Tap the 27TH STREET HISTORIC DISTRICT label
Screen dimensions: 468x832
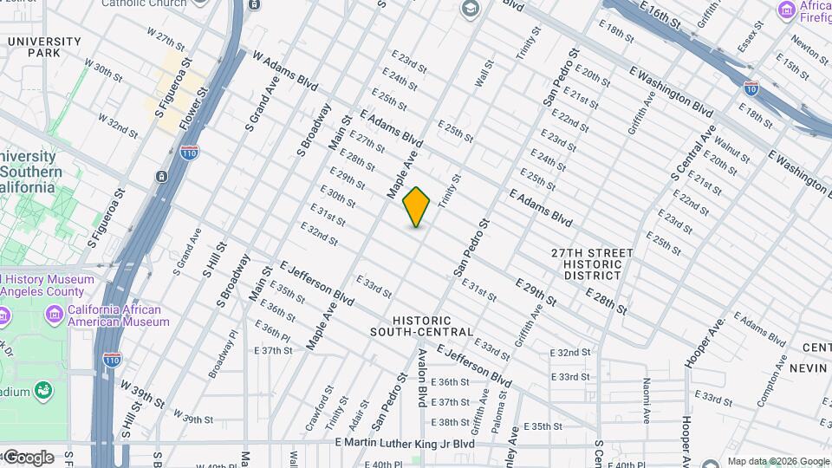click(x=592, y=263)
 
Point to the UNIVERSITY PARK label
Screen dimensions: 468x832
click(x=43, y=47)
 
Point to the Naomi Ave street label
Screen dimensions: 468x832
click(x=647, y=400)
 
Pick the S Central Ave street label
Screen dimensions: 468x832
click(x=692, y=153)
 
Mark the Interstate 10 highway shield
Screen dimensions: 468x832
click(x=751, y=88)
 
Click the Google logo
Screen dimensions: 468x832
click(x=28, y=457)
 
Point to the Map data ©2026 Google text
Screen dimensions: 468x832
click(x=777, y=461)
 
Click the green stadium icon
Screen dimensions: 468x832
click(x=42, y=393)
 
